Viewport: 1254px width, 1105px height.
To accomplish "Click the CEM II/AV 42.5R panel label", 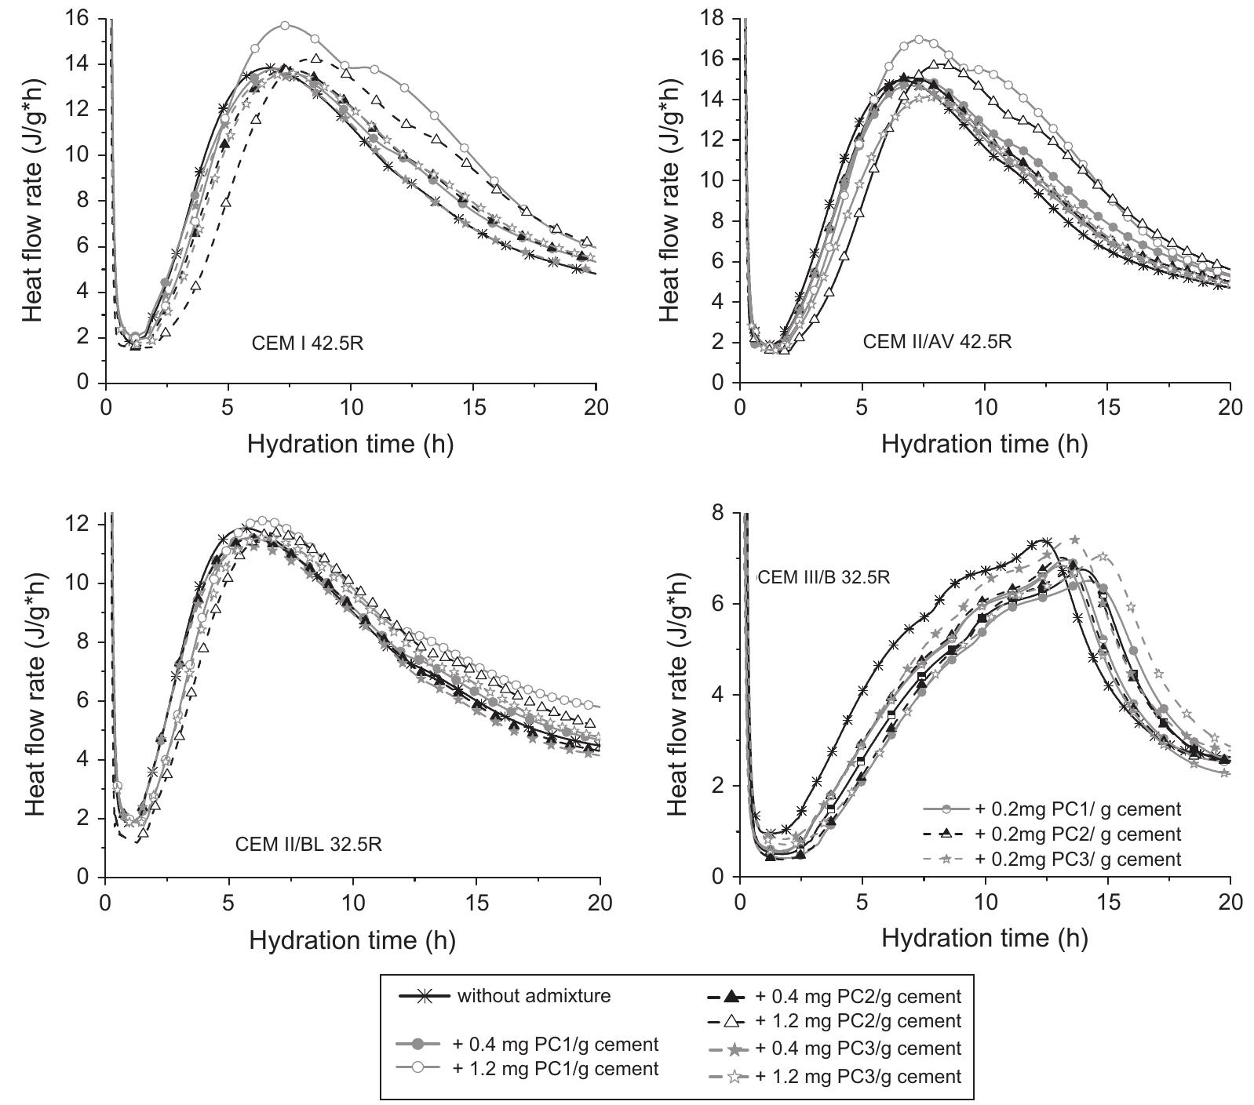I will click(937, 342).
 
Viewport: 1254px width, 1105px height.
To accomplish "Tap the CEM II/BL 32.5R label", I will click(308, 845).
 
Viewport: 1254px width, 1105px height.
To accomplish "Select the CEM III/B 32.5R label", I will click(824, 577).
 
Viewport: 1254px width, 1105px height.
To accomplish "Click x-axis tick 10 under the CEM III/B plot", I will click(985, 902).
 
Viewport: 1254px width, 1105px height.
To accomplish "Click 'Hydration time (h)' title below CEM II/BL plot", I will click(352, 940).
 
